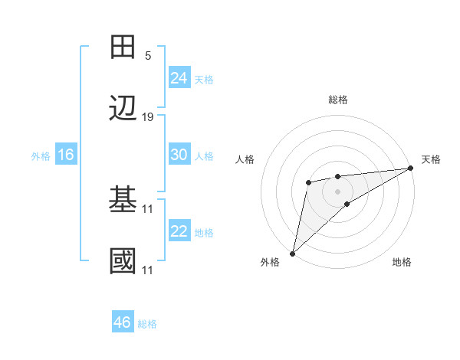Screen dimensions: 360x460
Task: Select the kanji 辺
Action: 123,110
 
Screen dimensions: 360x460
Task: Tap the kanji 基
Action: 123,201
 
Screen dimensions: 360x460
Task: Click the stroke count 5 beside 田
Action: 148,56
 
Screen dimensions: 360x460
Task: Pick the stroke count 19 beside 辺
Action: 148,117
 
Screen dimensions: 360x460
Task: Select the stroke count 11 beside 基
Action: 148,208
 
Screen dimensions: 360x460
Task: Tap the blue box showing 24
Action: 179,77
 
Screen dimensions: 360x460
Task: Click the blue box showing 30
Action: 179,155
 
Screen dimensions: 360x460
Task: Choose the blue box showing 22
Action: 179,231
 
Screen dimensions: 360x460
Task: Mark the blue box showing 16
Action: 65,155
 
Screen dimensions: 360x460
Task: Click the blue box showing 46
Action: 122,322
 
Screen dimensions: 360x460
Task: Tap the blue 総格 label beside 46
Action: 147,324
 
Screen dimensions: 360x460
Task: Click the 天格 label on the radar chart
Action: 431,159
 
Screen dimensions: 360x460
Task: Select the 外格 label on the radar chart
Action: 270,262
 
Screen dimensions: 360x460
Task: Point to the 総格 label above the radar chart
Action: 337,100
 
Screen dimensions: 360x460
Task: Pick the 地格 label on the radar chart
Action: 402,262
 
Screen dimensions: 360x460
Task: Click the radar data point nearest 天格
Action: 410,169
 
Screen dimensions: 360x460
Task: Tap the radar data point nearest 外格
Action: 292,253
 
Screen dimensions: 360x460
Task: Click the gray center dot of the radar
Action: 337,190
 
